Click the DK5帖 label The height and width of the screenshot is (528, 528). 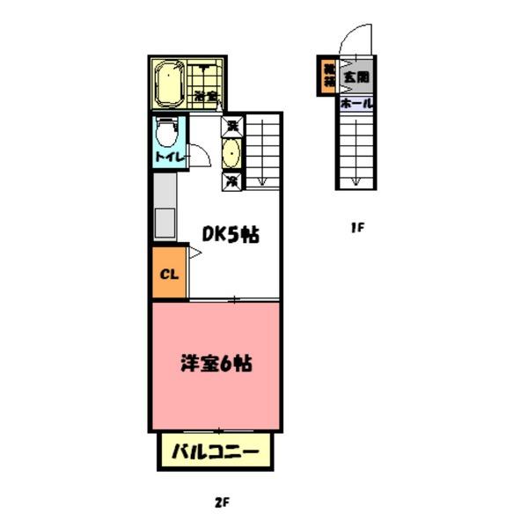[231, 235]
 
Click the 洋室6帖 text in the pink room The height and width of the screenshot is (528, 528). [217, 362]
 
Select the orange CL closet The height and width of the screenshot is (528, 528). [170, 273]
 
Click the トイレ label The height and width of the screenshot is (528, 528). [168, 157]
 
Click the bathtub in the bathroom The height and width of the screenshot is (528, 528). [167, 85]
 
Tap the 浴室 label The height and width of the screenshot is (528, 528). [206, 95]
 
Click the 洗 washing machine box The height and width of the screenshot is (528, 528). [232, 126]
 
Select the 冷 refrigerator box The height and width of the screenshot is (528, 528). [232, 182]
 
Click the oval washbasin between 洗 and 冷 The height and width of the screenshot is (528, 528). [232, 154]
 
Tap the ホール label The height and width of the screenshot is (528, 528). [356, 103]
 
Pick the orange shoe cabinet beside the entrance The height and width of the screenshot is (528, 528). [328, 75]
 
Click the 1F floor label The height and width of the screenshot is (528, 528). [356, 228]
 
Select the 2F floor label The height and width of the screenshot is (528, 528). [221, 502]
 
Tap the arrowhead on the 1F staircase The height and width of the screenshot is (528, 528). [356, 181]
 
